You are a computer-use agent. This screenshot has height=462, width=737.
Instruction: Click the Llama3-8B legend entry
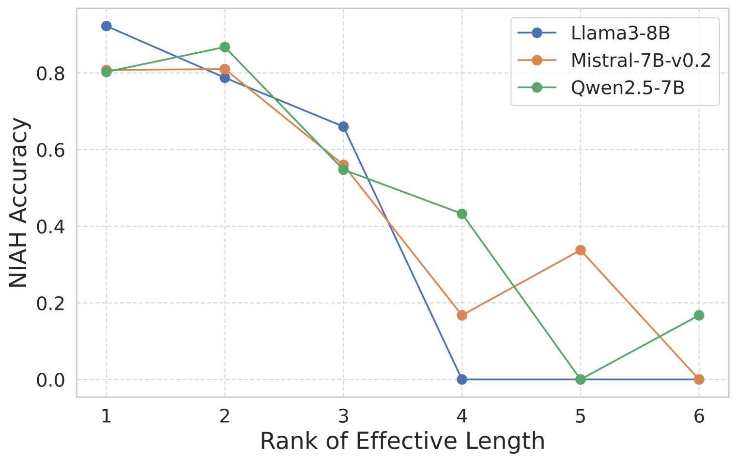pyautogui.click(x=620, y=33)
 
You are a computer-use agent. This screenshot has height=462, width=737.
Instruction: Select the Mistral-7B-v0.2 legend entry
pyautogui.click(x=640, y=61)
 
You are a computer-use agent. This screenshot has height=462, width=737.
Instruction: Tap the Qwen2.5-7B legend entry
pyautogui.click(x=627, y=88)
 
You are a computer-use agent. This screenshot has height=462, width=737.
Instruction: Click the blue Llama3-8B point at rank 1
pyautogui.click(x=107, y=26)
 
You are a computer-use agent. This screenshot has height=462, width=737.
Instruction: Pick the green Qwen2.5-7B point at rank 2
pyautogui.click(x=225, y=47)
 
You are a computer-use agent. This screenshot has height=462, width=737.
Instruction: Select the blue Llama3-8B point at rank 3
pyautogui.click(x=343, y=127)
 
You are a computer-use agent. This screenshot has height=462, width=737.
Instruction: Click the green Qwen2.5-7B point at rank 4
pyautogui.click(x=462, y=214)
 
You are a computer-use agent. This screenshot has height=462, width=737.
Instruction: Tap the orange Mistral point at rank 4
pyautogui.click(x=462, y=315)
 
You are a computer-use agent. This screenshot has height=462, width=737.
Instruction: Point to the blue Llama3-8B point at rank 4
pyautogui.click(x=462, y=379)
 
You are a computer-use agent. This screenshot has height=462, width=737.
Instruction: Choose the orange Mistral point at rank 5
pyautogui.click(x=581, y=250)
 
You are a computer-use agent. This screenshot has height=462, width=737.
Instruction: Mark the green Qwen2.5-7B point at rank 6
pyautogui.click(x=699, y=315)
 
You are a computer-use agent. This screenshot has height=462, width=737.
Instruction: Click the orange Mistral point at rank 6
pyautogui.click(x=699, y=379)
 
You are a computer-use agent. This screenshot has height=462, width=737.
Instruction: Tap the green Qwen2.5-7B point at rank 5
pyautogui.click(x=581, y=379)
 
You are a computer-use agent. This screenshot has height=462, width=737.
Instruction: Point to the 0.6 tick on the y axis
pyautogui.click(x=50, y=150)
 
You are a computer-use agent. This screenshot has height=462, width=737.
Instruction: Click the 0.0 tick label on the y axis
pyautogui.click(x=50, y=380)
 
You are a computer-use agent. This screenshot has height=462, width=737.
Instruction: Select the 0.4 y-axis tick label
pyautogui.click(x=50, y=227)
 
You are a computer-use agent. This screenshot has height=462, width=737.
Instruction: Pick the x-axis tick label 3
pyautogui.click(x=343, y=416)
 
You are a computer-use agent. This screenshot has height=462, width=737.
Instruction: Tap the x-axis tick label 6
pyautogui.click(x=699, y=416)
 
